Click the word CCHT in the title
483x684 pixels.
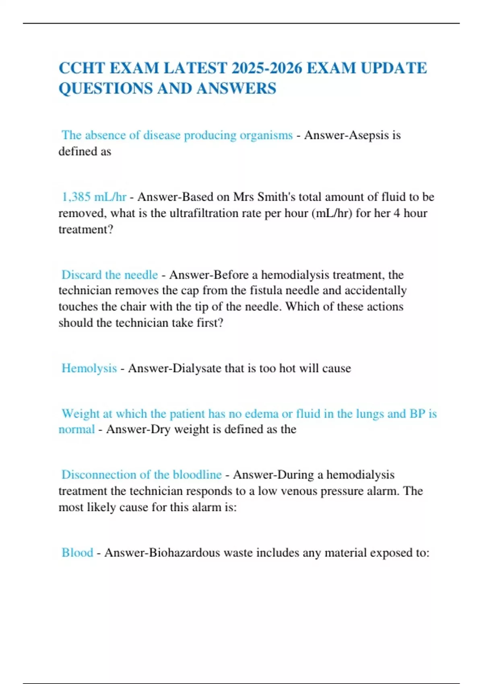[x=82, y=68]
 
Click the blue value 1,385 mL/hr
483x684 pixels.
[x=94, y=197]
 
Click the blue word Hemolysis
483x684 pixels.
[x=89, y=368]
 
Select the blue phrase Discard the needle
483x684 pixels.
[x=109, y=275]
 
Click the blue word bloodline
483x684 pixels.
[x=197, y=475]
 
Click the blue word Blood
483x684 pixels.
[x=77, y=552]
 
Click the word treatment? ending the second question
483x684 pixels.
[x=86, y=229]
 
